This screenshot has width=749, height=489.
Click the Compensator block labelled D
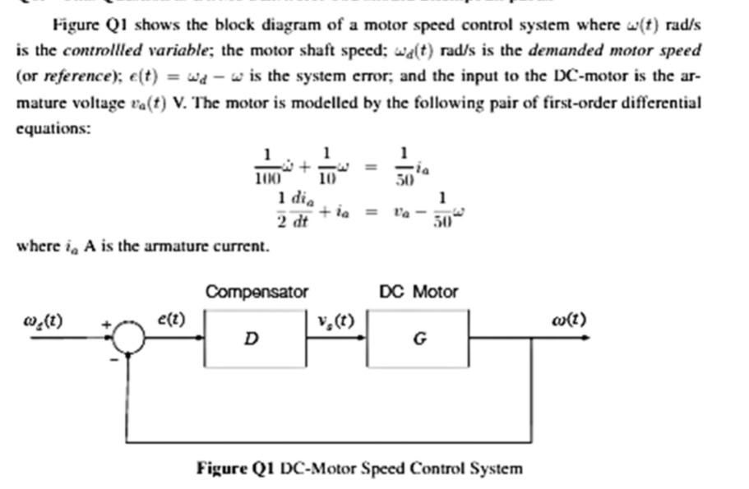[x=256, y=338]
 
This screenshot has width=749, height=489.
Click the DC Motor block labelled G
[x=418, y=338]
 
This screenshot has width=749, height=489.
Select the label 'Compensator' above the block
[x=257, y=292]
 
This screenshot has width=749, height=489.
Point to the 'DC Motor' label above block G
[x=418, y=292]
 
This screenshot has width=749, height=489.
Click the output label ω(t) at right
[x=569, y=319]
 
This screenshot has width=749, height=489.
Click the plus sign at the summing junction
[x=105, y=325]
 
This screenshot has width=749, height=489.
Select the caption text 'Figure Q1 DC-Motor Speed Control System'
[x=359, y=468]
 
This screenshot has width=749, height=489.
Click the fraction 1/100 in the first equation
[x=266, y=165]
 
